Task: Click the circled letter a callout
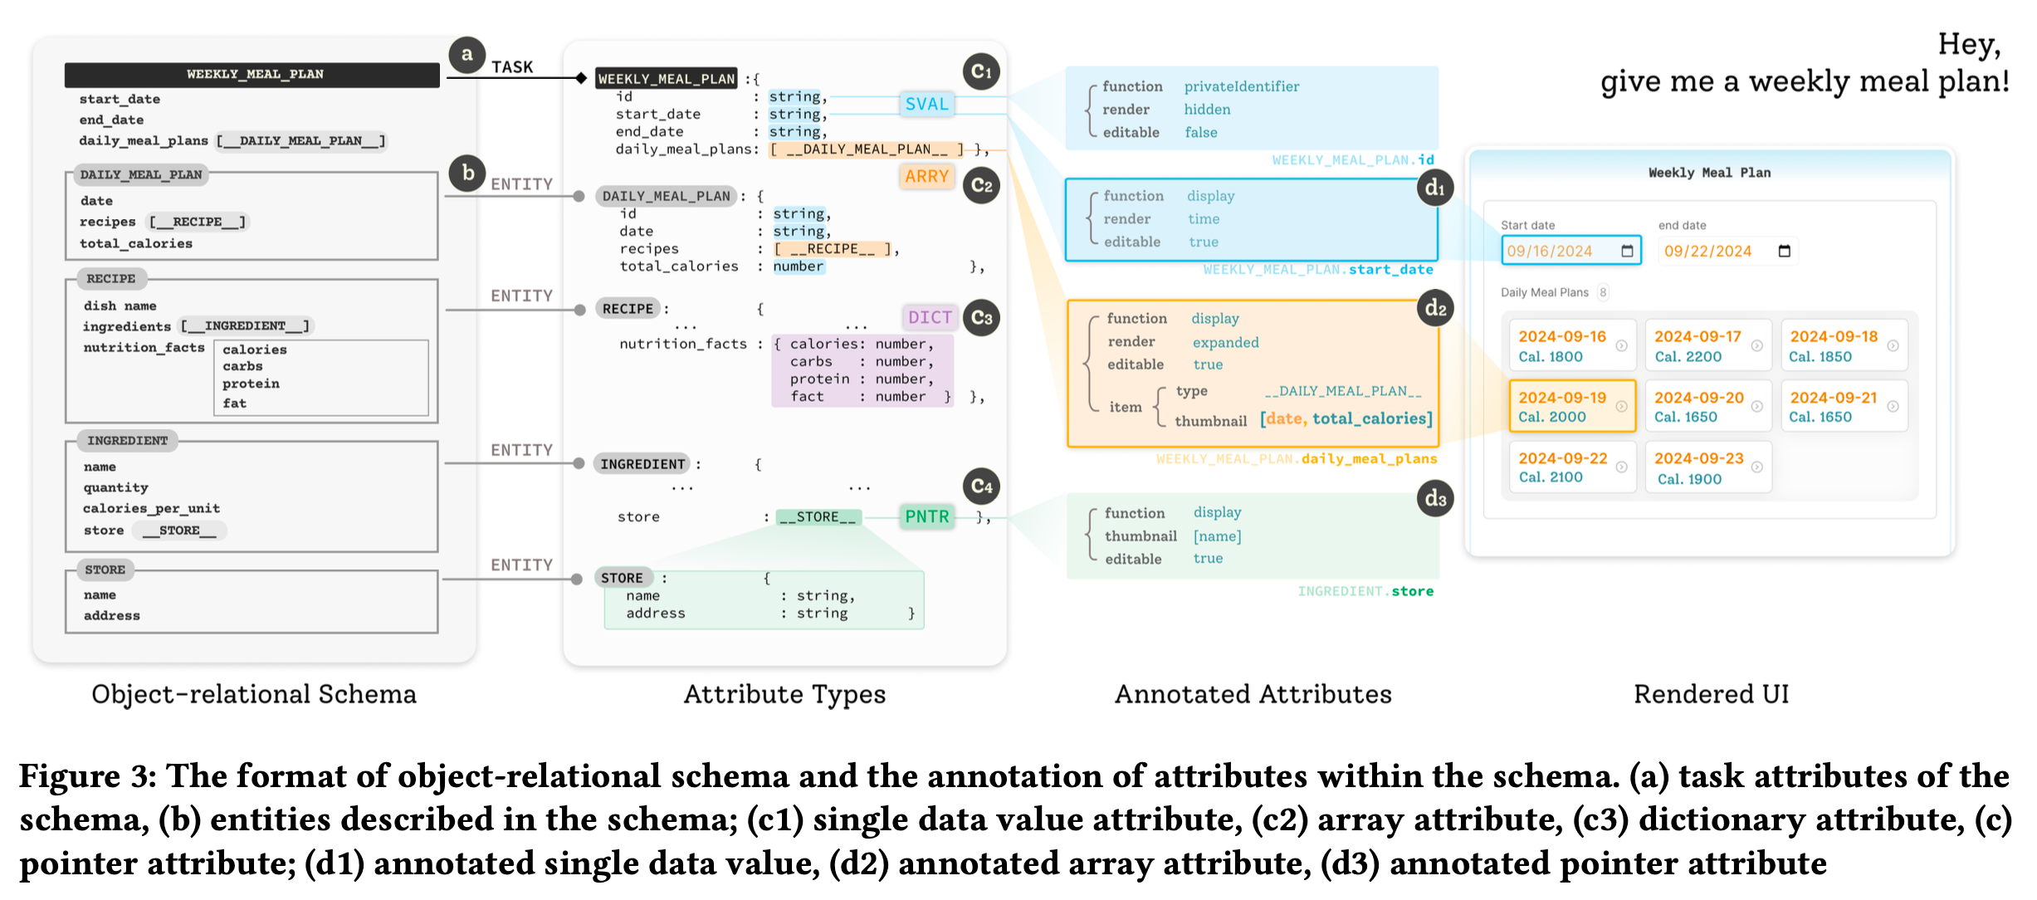pyautogui.click(x=467, y=55)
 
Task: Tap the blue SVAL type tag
pyautogui.click(x=926, y=104)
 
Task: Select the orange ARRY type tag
pyautogui.click(x=926, y=176)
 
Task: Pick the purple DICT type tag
pyautogui.click(x=930, y=317)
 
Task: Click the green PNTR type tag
pyautogui.click(x=926, y=516)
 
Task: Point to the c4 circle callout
pyautogui.click(x=981, y=486)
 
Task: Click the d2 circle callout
pyautogui.click(x=1435, y=308)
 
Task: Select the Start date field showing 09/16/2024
pyautogui.click(x=1570, y=251)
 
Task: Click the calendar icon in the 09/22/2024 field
pyautogui.click(x=1784, y=251)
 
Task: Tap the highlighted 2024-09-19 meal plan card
pyautogui.click(x=1571, y=407)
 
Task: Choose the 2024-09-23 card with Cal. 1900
pyautogui.click(x=1707, y=468)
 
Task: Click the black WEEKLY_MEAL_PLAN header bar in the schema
pyautogui.click(x=252, y=75)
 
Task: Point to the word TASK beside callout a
pyautogui.click(x=512, y=67)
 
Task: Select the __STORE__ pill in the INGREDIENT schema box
pyautogui.click(x=179, y=531)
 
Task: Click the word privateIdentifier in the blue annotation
pyautogui.click(x=1241, y=86)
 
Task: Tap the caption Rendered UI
pyautogui.click(x=1711, y=694)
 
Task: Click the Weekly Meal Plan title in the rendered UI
pyautogui.click(x=1709, y=173)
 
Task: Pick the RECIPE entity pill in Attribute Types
pyautogui.click(x=628, y=309)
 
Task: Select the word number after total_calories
pyautogui.click(x=799, y=267)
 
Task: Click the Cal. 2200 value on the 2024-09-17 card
pyautogui.click(x=1688, y=357)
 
